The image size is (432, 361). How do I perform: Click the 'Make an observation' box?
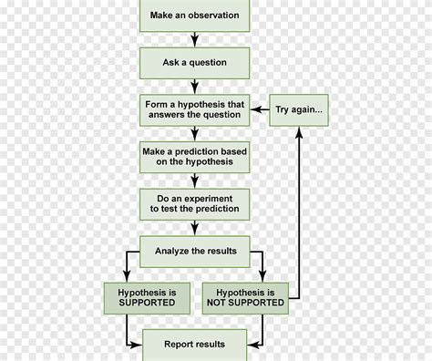click(195, 15)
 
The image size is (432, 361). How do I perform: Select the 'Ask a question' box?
click(195, 63)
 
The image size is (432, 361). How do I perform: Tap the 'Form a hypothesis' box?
click(195, 110)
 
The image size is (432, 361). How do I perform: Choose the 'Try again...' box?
click(300, 110)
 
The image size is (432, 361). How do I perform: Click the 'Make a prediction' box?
click(195, 157)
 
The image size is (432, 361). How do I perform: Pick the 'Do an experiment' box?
click(195, 203)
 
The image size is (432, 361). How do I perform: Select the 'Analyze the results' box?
click(195, 251)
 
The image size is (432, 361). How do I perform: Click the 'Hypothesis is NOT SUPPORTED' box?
click(244, 297)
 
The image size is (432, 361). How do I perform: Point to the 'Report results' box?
click(195, 344)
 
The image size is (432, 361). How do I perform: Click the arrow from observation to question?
click(195, 39)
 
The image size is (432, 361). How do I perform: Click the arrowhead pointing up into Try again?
click(300, 130)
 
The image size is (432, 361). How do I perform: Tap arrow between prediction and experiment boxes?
click(195, 180)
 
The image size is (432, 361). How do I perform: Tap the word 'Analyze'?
click(172, 251)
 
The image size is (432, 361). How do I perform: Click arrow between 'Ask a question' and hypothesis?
click(195, 87)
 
